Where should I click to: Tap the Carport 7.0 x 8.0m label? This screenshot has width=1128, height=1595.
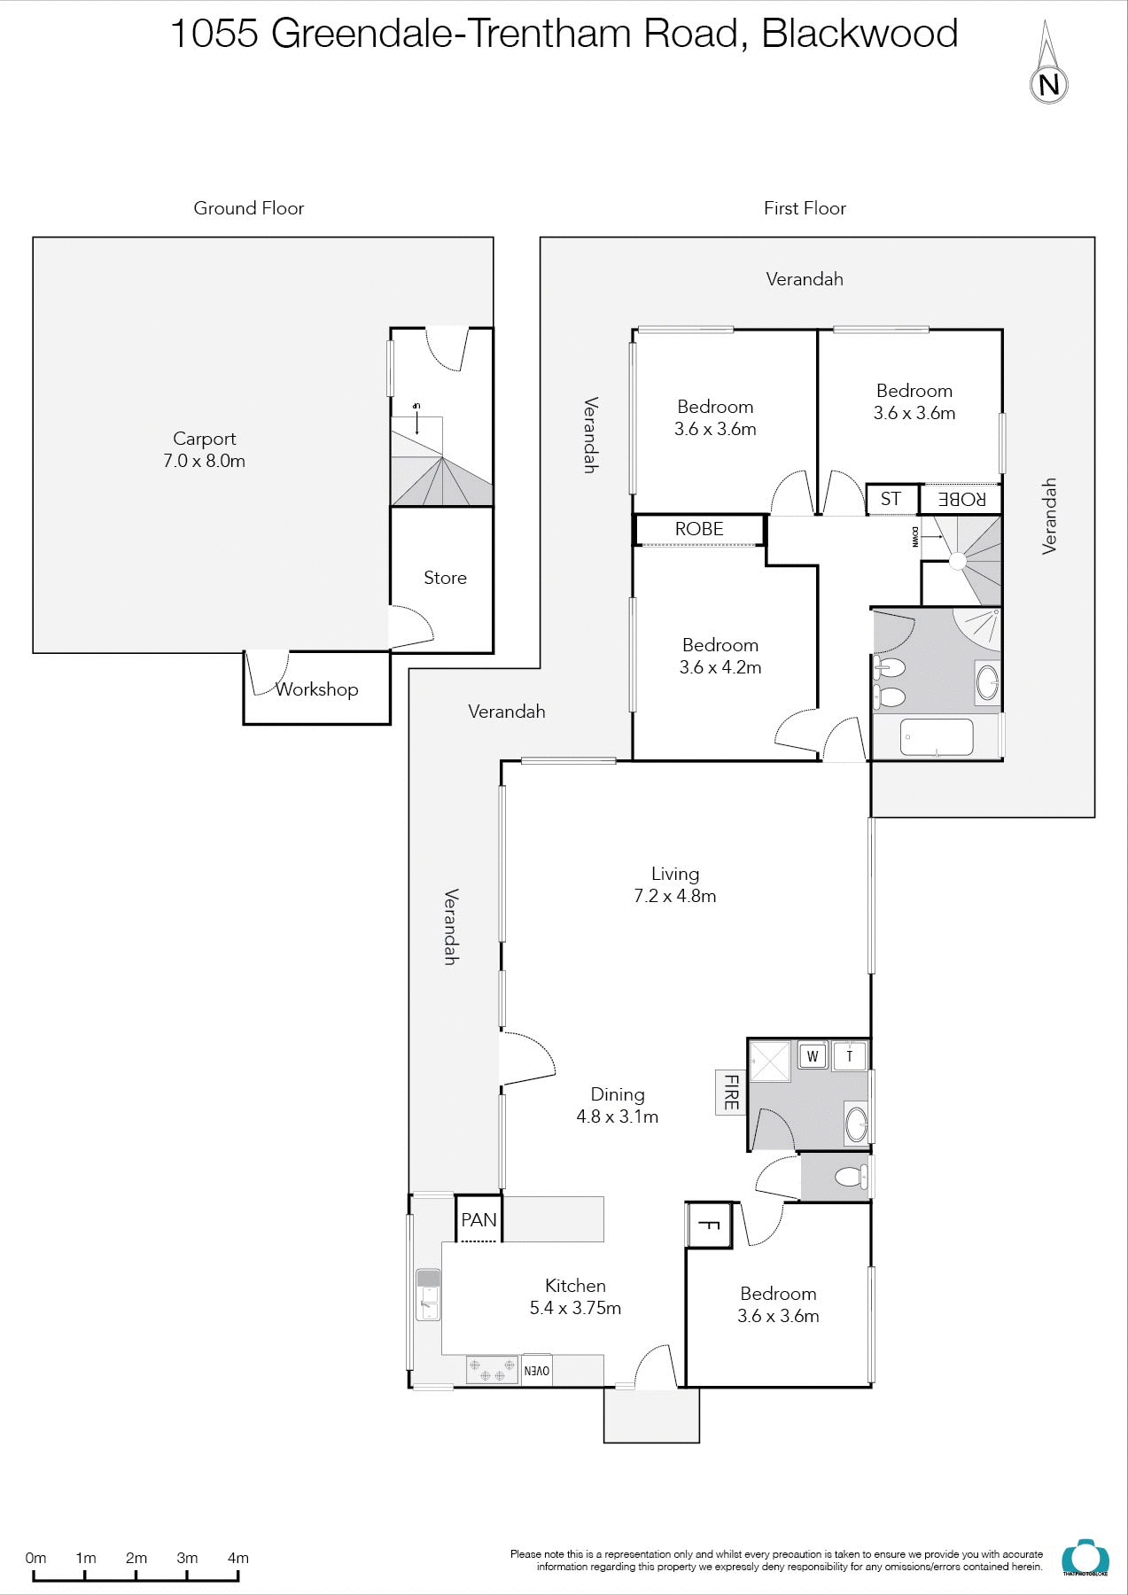204,449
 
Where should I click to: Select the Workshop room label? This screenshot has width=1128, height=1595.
316,689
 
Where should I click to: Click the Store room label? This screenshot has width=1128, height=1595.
445,578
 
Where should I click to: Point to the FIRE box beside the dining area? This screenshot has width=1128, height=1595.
731,1092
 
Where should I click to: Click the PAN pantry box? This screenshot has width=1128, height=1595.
478,1220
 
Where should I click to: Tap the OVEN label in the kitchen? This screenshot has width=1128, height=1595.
537,1370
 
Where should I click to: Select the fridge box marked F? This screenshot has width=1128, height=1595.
709,1225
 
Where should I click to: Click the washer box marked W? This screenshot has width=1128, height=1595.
813,1055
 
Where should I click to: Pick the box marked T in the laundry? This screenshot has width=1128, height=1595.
850,1055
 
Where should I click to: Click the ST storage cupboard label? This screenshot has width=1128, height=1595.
891,499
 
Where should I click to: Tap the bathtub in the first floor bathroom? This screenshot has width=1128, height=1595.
937,737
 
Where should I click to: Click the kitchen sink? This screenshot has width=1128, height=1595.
428,1295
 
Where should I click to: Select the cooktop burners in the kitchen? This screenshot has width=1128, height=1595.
492,1370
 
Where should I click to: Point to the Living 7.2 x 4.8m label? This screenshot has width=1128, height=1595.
674,884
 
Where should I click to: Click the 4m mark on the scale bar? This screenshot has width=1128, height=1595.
237,1558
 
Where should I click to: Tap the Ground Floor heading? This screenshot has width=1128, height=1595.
249,208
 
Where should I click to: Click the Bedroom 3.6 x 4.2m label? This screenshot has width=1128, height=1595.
720,656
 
